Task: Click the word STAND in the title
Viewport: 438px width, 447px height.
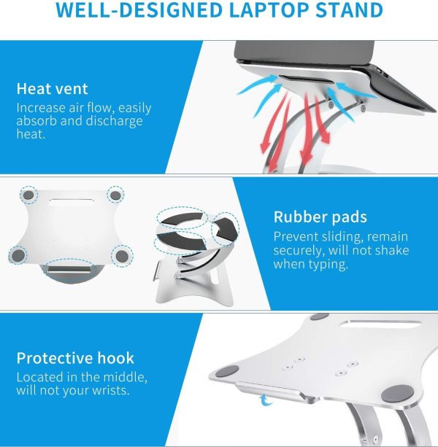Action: (349, 10)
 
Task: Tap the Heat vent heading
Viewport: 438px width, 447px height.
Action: (53, 89)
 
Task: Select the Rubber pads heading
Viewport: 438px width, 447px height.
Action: (320, 217)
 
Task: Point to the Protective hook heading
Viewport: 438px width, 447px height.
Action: (75, 358)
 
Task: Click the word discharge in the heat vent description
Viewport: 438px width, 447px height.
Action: (114, 121)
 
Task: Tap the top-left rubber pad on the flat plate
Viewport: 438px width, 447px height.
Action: (28, 195)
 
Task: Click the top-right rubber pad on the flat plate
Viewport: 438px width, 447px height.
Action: (115, 195)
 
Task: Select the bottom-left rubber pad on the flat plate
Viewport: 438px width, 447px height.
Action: (18, 255)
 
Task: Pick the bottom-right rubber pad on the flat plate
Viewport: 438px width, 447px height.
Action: (122, 257)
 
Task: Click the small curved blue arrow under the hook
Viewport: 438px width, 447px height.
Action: (266, 400)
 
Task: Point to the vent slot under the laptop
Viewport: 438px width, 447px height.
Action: (307, 79)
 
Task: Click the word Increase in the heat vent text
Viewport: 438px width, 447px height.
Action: (41, 108)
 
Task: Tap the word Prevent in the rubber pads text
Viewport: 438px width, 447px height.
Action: (296, 237)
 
